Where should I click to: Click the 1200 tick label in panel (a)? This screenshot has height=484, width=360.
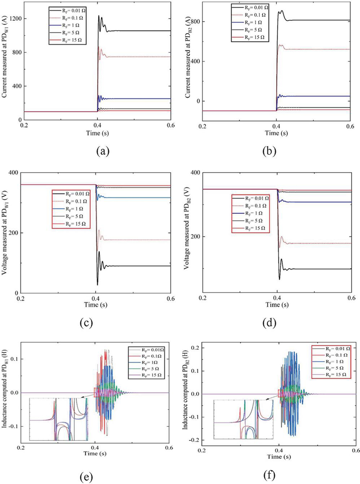(x=16, y=19)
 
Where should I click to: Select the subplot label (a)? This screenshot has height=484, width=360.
(x=98, y=151)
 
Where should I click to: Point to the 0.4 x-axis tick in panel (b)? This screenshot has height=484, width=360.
(x=276, y=126)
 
